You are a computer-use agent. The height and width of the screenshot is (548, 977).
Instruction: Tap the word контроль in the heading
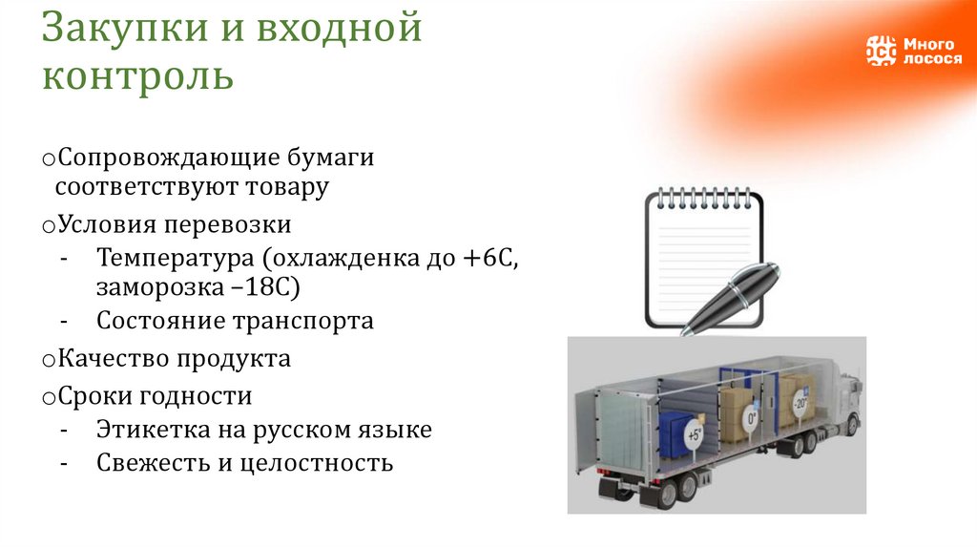(137, 75)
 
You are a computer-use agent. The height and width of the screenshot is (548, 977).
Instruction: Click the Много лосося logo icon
(881, 51)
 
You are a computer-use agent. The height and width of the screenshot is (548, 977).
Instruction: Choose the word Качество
(113, 359)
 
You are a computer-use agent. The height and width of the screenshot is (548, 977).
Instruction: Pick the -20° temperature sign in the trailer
(799, 404)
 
